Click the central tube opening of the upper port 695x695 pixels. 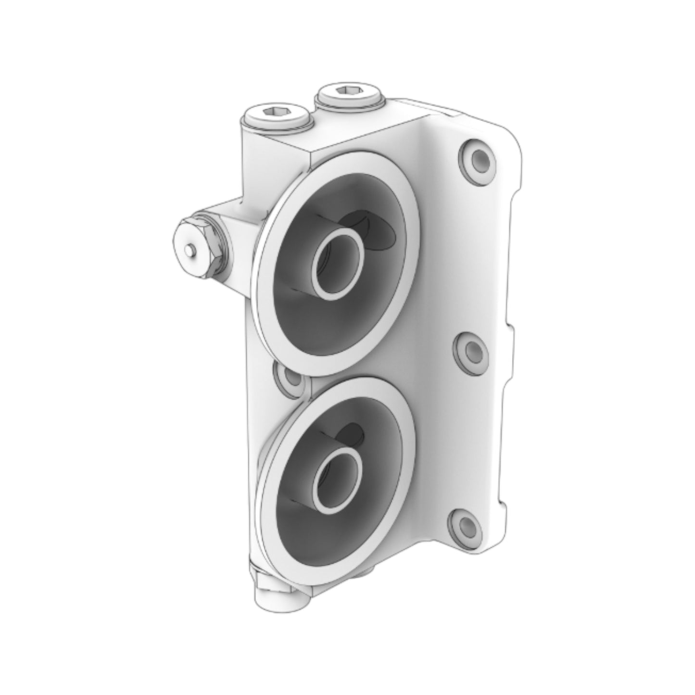[335, 264]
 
